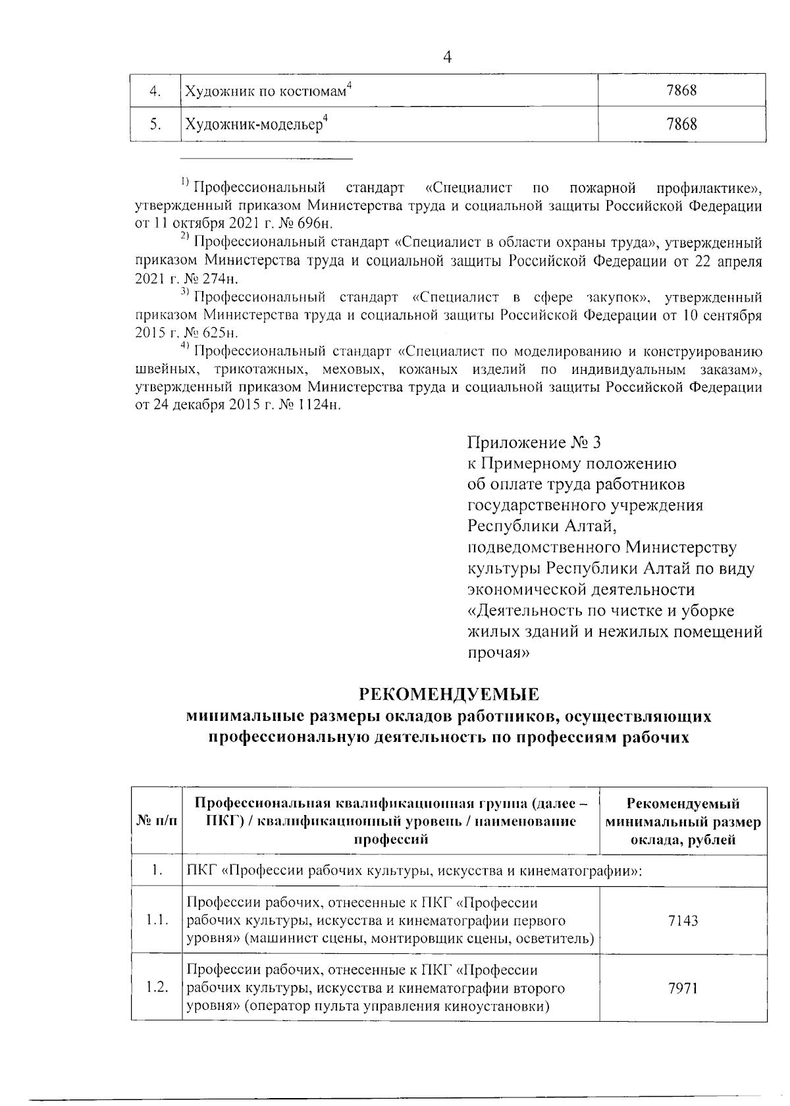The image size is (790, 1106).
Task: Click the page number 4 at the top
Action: pyautogui.click(x=448, y=57)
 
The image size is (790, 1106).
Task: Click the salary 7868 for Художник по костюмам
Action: pyautogui.click(x=681, y=91)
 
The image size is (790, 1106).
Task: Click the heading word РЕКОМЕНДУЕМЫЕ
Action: pyautogui.click(x=448, y=694)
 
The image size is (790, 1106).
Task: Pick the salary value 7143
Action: pyautogui.click(x=682, y=920)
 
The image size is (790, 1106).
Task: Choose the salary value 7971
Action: pyautogui.click(x=682, y=988)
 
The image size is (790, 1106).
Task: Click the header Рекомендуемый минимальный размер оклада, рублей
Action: pyautogui.click(x=683, y=822)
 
